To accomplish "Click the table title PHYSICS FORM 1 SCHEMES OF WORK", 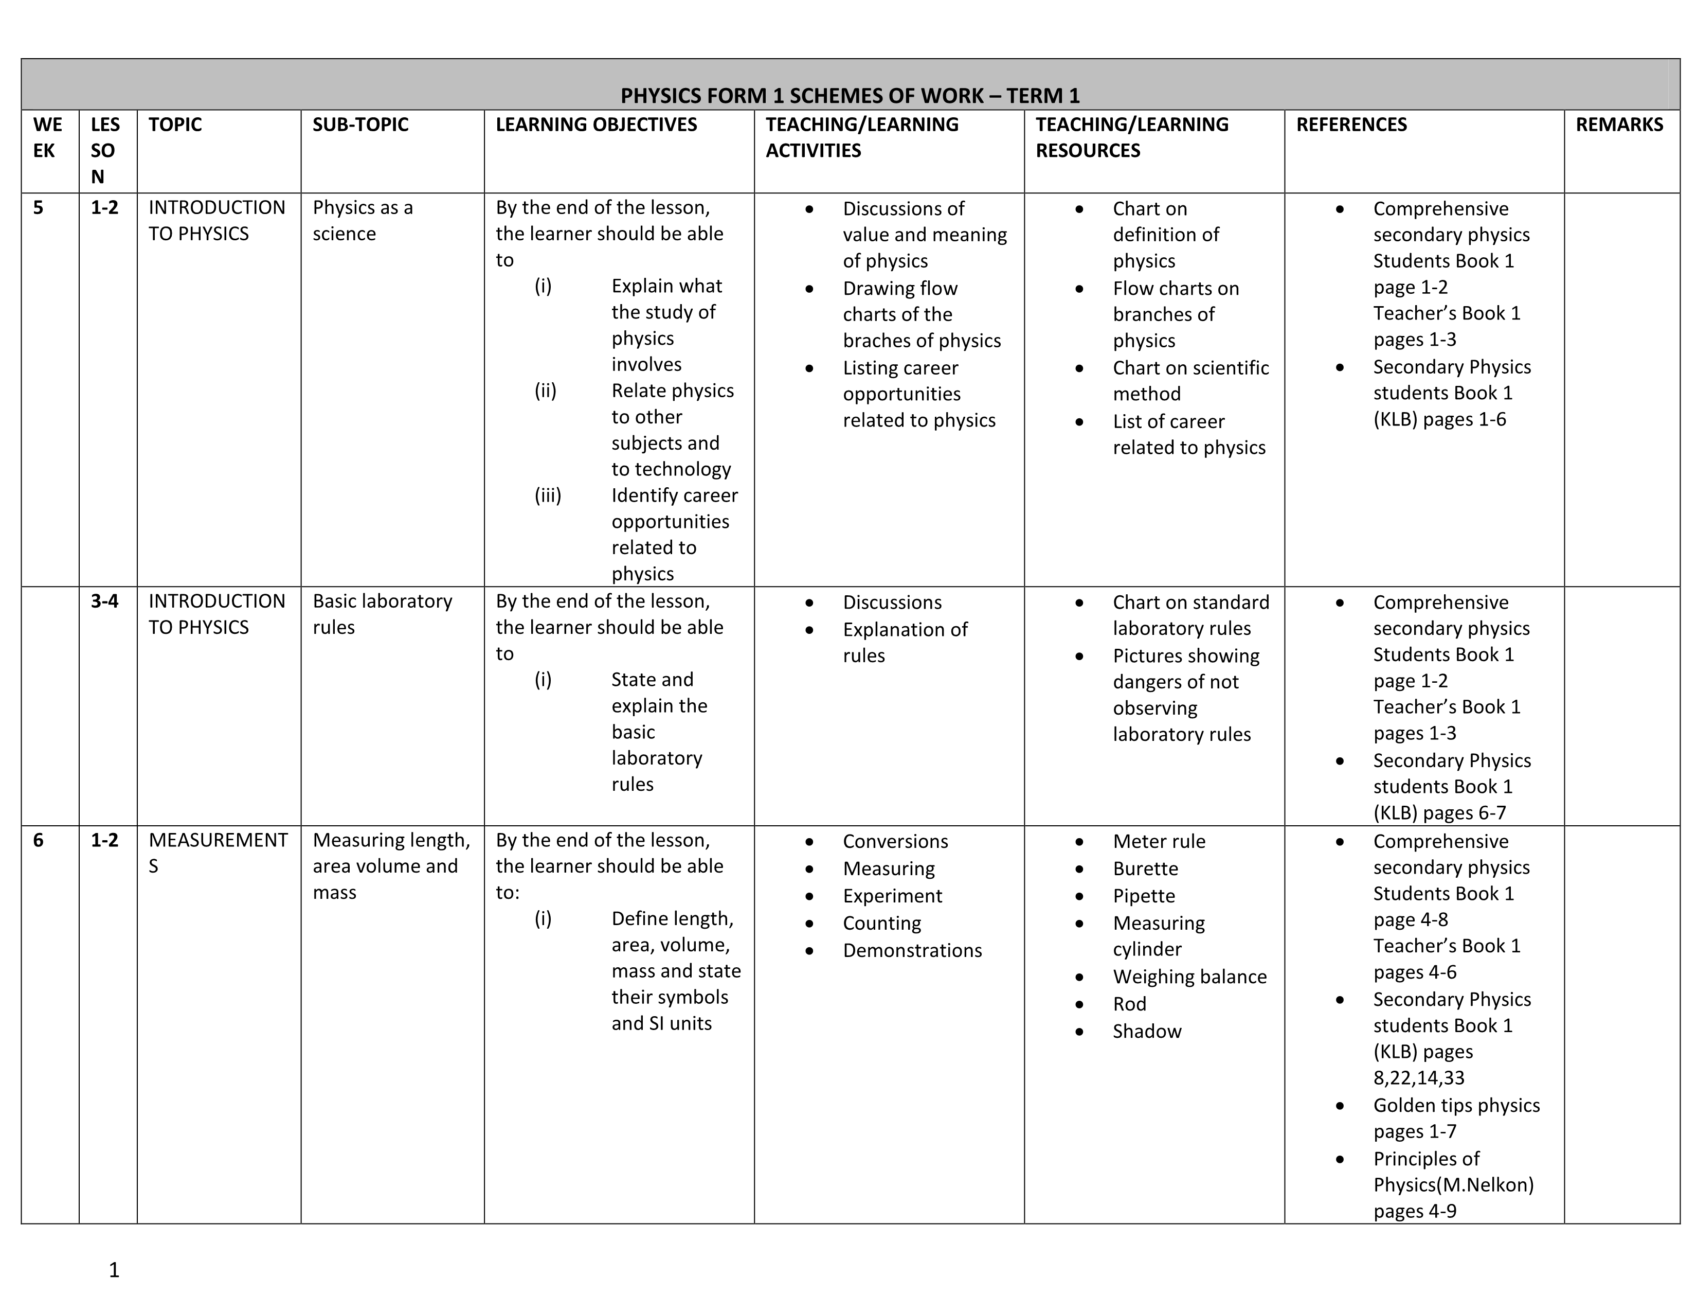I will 850,96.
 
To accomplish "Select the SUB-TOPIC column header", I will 360,125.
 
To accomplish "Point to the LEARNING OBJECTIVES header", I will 596,125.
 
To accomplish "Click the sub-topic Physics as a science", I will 363,221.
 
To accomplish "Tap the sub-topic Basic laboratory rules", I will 382,614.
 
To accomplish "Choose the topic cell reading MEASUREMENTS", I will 218,853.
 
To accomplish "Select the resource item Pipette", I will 1143,896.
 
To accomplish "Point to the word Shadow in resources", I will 1146,1032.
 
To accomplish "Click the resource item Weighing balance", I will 1189,977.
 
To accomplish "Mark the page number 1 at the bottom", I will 114,1270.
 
